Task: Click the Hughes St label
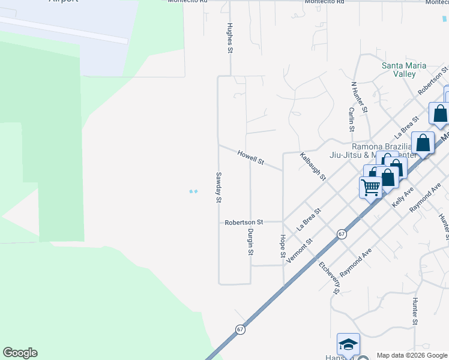pyautogui.click(x=229, y=38)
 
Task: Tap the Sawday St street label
pyautogui.click(x=219, y=187)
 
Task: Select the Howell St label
pyautogui.click(x=251, y=158)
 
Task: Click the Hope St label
pyautogui.click(x=283, y=246)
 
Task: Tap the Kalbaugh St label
pyautogui.click(x=313, y=166)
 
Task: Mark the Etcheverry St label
pyautogui.click(x=330, y=277)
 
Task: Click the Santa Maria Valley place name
pyautogui.click(x=404, y=70)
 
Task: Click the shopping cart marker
pyautogui.click(x=370, y=187)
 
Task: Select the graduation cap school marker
pyautogui.click(x=348, y=344)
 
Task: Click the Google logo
pyautogui.click(x=20, y=353)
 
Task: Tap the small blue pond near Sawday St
pyautogui.click(x=193, y=191)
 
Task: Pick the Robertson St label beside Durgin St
pyautogui.click(x=244, y=222)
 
